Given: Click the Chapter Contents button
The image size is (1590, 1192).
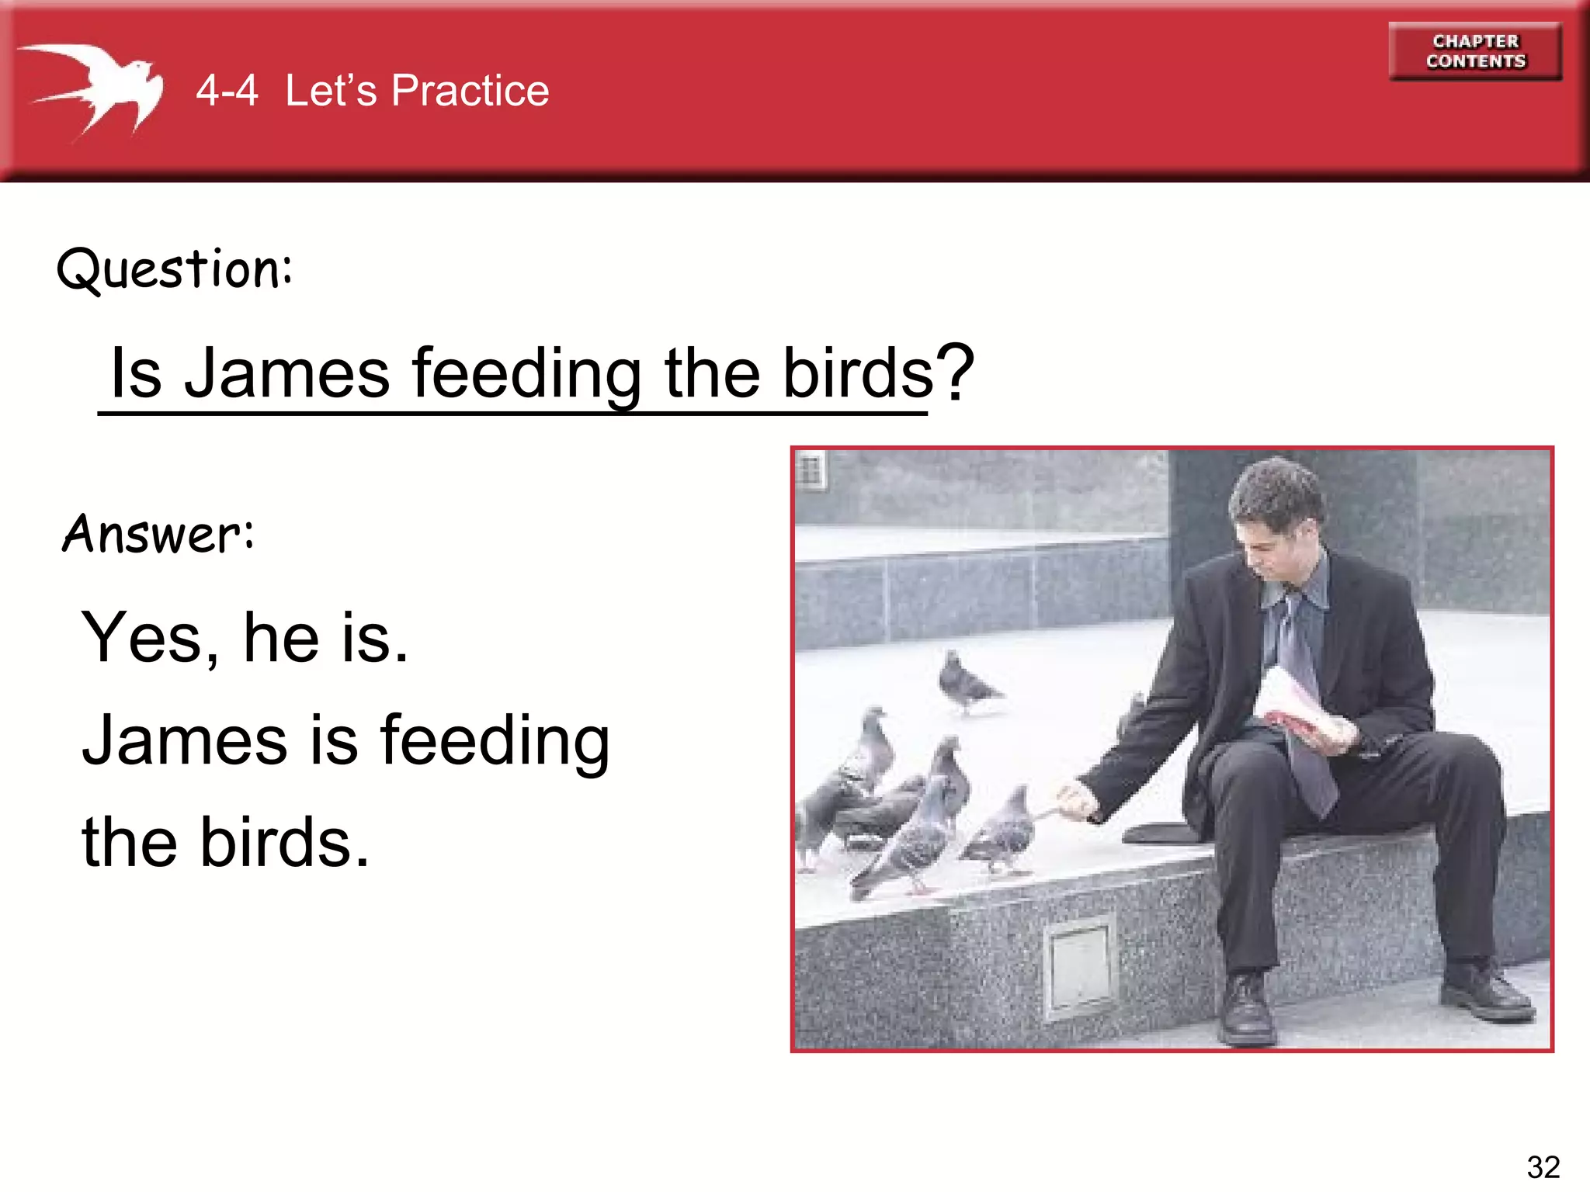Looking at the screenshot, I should (x=1474, y=51).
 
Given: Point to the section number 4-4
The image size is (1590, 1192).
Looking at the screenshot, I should (x=226, y=91).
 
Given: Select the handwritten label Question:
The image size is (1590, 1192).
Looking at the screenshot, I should (x=175, y=269).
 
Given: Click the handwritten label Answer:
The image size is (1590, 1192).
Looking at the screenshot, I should (x=158, y=534).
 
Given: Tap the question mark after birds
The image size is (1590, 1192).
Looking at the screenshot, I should (x=955, y=372).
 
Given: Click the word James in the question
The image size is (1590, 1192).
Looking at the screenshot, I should (x=286, y=374).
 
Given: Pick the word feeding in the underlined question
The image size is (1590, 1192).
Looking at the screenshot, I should (x=526, y=374).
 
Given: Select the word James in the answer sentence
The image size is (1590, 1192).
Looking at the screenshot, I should (x=185, y=740).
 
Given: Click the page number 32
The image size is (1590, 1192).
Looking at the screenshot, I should (x=1543, y=1166).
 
